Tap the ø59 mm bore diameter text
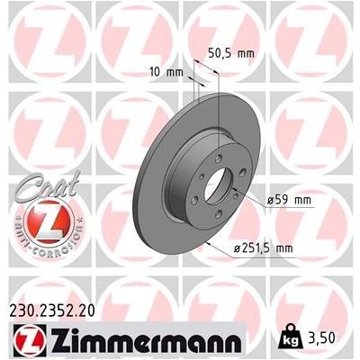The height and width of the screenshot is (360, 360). point(289,199)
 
